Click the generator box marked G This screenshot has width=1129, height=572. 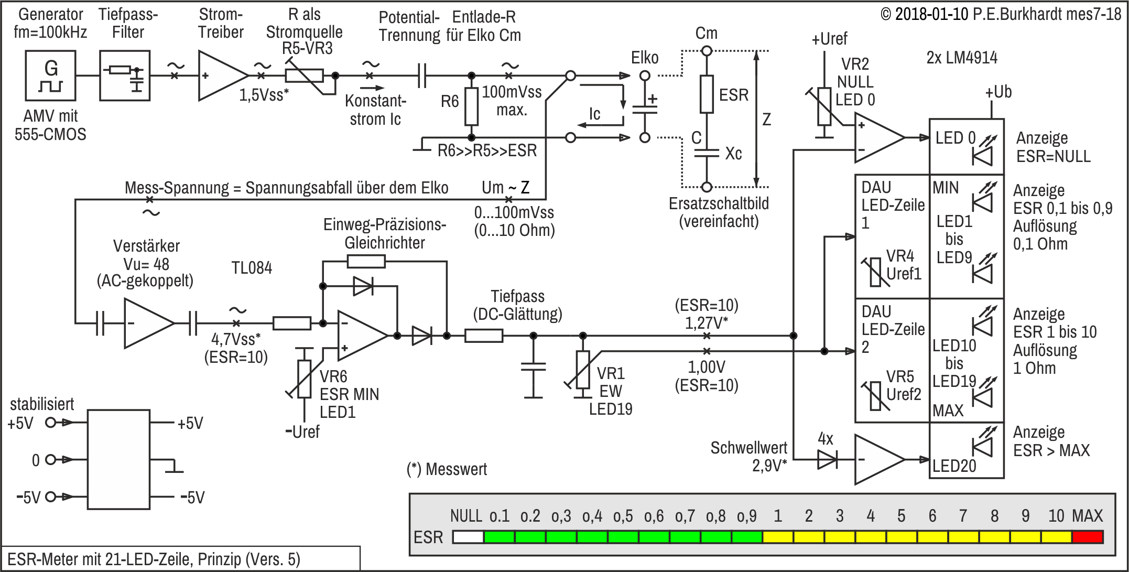pos(50,75)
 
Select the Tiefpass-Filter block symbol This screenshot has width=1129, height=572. pos(125,75)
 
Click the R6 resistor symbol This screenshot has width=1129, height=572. pos(472,107)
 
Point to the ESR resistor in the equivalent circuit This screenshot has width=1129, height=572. pos(707,94)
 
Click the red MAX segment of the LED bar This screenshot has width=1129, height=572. pos(1088,537)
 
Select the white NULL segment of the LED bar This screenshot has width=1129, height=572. pos(468,537)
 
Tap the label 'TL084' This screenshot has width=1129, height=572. pos(252,268)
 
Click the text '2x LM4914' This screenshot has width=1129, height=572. pos(962,58)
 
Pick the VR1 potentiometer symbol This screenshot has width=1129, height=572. pos(583,370)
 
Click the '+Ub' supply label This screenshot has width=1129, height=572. pos(998,92)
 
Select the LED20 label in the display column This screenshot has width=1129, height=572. pos(954,466)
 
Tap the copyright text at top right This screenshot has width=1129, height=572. pos(1001,14)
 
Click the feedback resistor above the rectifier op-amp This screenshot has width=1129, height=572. pos(366,261)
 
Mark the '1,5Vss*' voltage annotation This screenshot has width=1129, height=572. pos(264,95)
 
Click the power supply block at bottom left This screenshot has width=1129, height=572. pos(119,459)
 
